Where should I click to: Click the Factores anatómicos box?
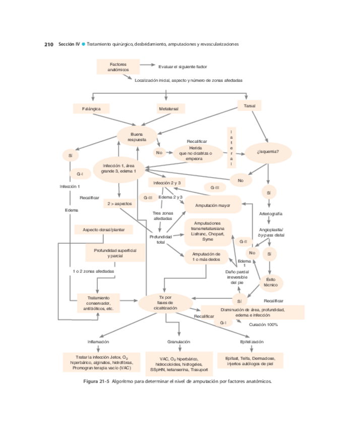point(117,67)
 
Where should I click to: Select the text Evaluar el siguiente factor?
point(182,66)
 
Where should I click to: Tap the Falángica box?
point(91,109)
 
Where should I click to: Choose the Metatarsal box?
point(171,109)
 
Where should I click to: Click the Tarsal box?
point(250,106)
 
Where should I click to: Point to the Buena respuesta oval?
point(137,136)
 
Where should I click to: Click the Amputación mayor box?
point(212,205)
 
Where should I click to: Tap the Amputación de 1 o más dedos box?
point(206,257)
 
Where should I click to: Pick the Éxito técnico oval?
point(270,282)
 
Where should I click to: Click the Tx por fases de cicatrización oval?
point(165,302)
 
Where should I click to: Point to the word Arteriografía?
point(271,213)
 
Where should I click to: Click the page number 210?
point(48,44)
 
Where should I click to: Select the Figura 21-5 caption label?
point(96,382)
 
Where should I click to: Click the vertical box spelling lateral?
point(232,147)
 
